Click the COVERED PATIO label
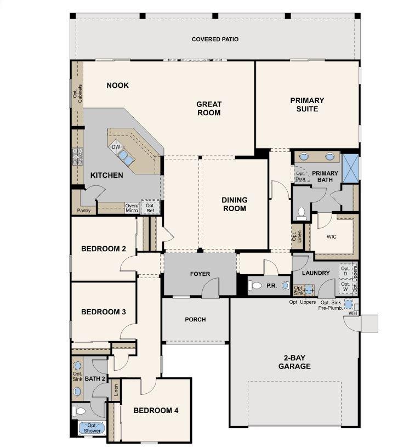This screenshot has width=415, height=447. (215, 39)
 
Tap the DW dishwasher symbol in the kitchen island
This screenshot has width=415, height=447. (116, 147)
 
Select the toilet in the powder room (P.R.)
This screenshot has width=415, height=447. (255, 285)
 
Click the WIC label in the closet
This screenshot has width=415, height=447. (331, 236)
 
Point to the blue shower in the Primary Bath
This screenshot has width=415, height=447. (350, 169)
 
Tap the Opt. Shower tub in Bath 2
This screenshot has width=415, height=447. (92, 428)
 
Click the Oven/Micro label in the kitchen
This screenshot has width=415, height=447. (132, 208)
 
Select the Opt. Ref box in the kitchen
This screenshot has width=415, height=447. (150, 207)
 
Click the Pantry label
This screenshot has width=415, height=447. (84, 211)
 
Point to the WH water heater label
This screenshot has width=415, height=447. (353, 313)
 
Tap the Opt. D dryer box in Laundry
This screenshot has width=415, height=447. (345, 271)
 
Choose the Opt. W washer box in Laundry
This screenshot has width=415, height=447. (345, 286)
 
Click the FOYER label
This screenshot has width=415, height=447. (200, 274)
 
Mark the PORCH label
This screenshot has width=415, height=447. (195, 320)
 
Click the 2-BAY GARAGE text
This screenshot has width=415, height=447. (294, 362)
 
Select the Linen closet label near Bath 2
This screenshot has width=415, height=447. (116, 390)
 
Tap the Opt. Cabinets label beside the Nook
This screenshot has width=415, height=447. (77, 93)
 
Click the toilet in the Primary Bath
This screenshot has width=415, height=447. (302, 214)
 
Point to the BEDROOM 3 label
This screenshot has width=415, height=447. (104, 312)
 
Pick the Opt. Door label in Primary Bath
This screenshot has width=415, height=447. (300, 176)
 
